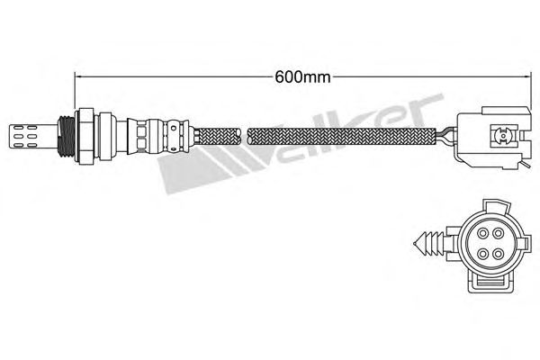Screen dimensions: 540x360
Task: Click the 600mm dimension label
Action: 302,77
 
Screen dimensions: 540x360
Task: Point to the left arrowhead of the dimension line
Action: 78,76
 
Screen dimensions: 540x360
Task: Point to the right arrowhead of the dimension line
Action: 526,76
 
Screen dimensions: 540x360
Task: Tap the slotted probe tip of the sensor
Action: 33,137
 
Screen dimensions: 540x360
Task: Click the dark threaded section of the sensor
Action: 66,137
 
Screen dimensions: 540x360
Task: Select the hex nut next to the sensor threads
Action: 85,137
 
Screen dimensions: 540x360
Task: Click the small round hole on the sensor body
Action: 173,129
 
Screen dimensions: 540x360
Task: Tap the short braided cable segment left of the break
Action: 217,137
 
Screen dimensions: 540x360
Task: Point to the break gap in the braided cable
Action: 244,137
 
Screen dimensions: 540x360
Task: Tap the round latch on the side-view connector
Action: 502,137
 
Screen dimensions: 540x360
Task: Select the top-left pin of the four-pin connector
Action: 482,234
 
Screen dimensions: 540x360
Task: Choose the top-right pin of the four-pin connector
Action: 498,234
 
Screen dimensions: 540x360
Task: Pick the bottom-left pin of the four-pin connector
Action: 482,254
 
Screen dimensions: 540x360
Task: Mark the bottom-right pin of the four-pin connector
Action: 498,254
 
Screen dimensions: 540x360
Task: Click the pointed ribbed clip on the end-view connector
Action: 429,244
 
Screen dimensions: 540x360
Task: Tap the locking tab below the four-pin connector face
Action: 490,280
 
